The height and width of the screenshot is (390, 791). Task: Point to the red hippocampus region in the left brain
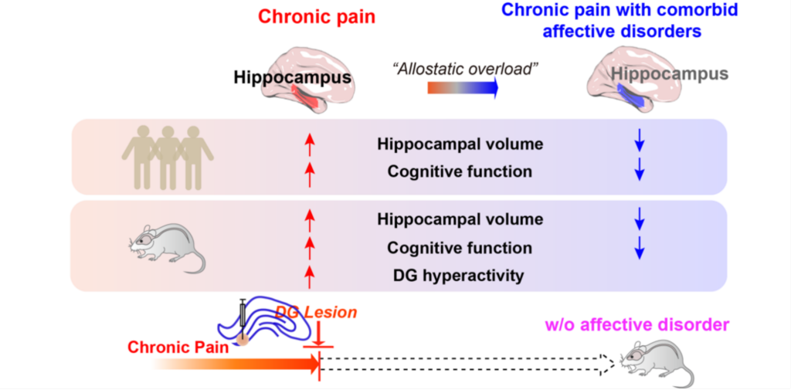[x=305, y=97]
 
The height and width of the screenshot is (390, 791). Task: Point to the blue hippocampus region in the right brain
[x=630, y=94]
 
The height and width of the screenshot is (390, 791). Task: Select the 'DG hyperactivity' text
[x=460, y=276]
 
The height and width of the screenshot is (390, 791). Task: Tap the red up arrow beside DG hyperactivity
[x=310, y=276]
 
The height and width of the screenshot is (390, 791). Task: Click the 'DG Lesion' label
[x=317, y=313]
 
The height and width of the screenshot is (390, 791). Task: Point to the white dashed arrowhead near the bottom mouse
[x=606, y=362]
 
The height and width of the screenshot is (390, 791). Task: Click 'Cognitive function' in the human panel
[x=460, y=171]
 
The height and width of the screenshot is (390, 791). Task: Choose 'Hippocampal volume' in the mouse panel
[x=460, y=219]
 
